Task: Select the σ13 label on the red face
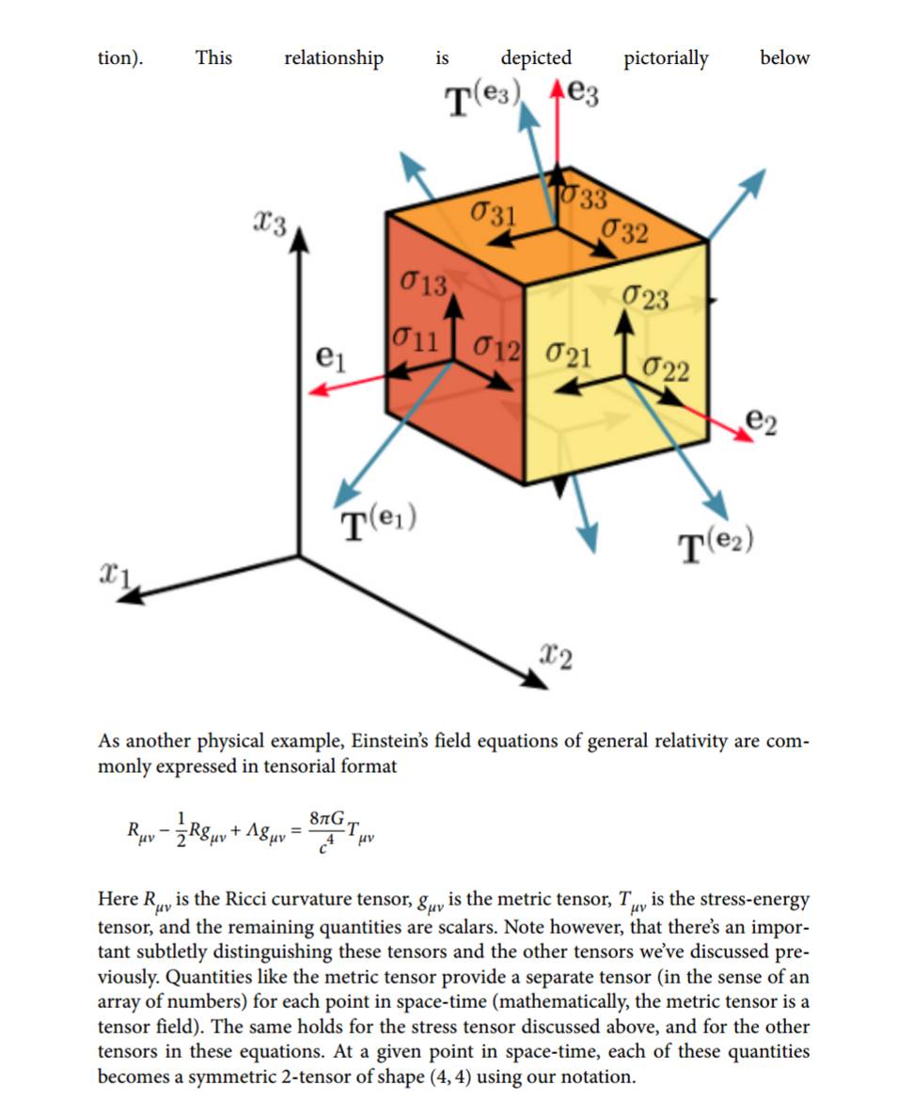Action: [422, 283]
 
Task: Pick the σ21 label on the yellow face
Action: [568, 356]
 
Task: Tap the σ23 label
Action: [645, 299]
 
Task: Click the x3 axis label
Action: [271, 223]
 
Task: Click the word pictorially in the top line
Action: [666, 58]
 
